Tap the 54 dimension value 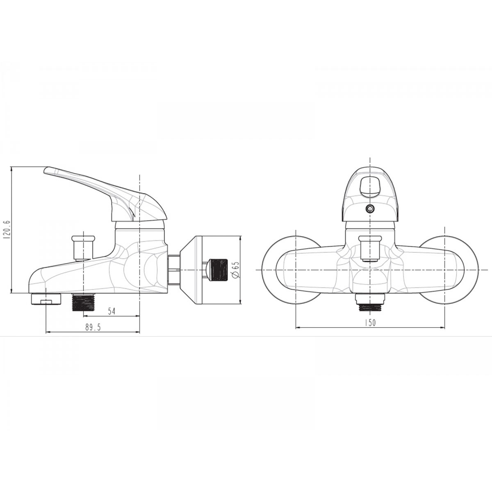pyautogui.click(x=112, y=311)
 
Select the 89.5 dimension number pyautogui.click(x=93, y=327)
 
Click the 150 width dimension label pyautogui.click(x=370, y=323)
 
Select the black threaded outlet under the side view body pyautogui.click(x=84, y=302)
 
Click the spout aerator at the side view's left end pyautogui.click(x=46, y=299)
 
